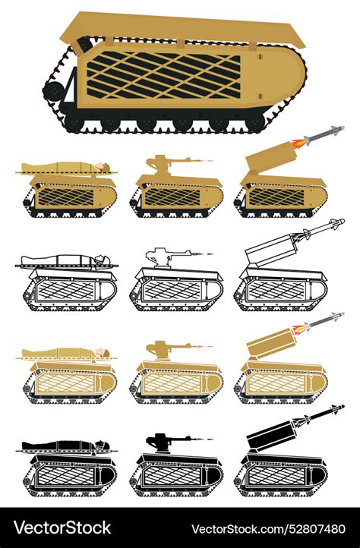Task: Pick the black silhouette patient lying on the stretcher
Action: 65,445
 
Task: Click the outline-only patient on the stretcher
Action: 65,260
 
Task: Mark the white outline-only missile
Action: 319,228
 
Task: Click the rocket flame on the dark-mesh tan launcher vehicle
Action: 298,141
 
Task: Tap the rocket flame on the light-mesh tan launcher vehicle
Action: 300,328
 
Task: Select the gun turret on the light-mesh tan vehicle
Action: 159,351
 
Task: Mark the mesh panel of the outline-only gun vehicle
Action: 172,291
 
